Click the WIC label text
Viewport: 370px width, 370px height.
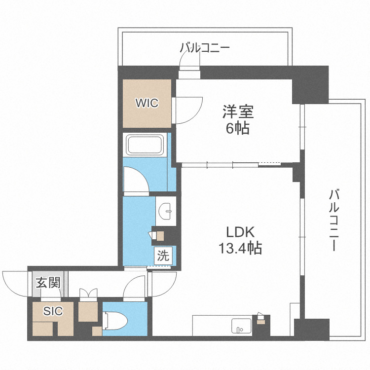[147, 104]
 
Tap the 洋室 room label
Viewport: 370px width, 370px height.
[237, 112]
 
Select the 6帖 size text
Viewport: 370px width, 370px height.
[237, 129]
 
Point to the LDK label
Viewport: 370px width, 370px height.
[240, 232]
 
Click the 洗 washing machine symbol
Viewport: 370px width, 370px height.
[163, 256]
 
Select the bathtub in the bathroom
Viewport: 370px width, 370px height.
[147, 145]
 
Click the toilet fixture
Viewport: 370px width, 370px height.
[117, 321]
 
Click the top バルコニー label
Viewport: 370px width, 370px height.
[205, 48]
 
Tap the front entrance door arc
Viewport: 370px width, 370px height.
[15, 283]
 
